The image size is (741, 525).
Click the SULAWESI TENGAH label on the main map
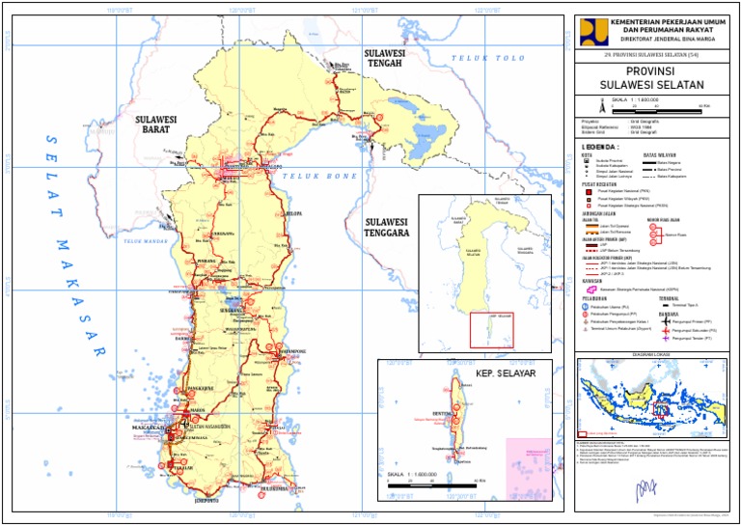pos(383,57)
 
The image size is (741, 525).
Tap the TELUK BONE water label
pos(315,177)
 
